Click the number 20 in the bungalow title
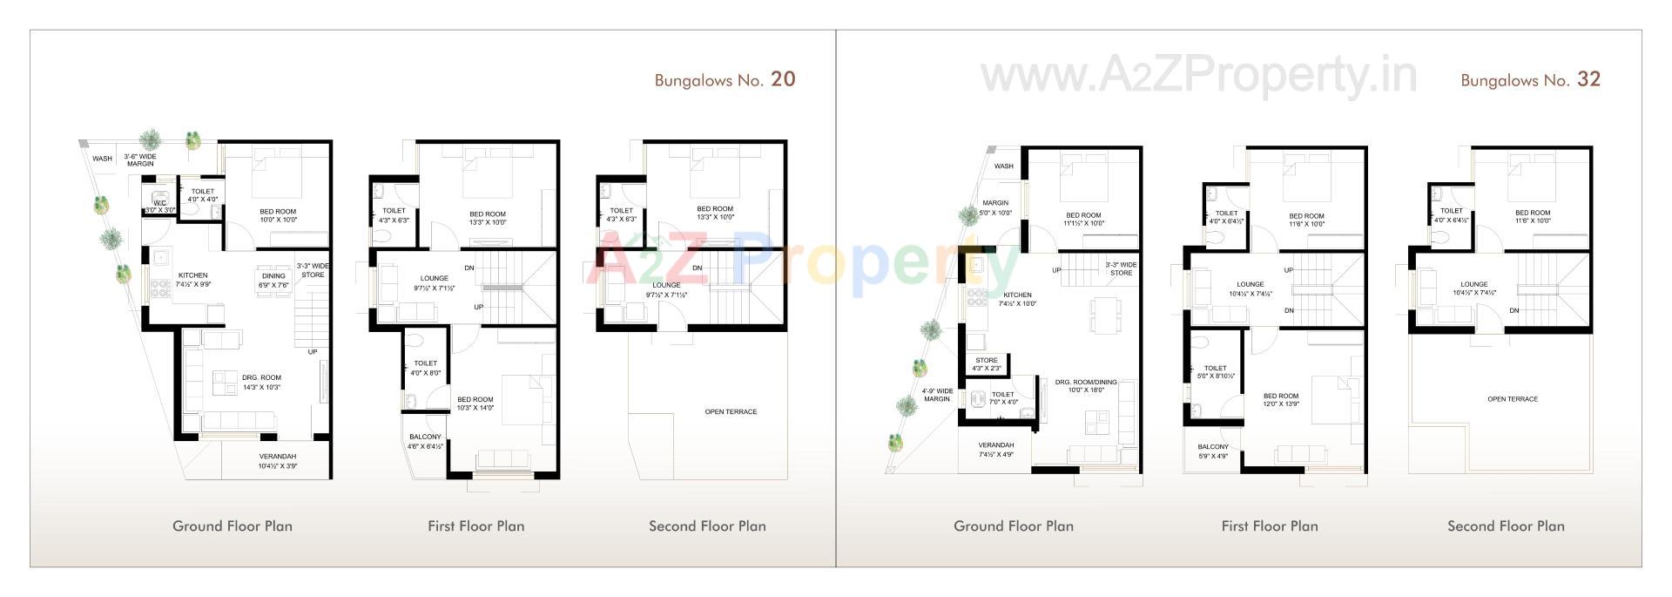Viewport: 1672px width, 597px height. coord(783,79)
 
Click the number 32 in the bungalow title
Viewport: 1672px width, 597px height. coord(1588,79)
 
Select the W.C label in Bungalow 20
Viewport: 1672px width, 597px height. coord(159,206)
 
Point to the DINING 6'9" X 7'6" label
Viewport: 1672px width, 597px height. coord(273,281)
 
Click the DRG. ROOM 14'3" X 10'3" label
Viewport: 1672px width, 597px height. coord(261,383)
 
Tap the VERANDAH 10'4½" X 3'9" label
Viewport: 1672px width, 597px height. coord(278,461)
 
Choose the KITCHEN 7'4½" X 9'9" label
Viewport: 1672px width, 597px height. coord(193,280)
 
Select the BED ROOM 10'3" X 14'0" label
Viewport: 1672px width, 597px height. coord(475,404)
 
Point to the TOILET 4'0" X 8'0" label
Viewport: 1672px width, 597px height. coord(425,368)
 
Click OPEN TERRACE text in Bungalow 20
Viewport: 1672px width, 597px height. coord(731,411)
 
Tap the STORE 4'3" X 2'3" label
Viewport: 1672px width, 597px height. coord(987,364)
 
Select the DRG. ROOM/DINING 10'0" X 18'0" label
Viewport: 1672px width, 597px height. coord(1085,386)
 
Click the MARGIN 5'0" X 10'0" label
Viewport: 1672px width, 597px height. coord(995,207)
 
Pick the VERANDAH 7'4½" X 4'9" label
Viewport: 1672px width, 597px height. coord(995,450)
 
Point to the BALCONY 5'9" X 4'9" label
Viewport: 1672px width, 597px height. coord(1213,451)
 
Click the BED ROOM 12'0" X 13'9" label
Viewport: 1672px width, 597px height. coord(1281,400)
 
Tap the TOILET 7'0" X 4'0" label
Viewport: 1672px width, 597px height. coord(1002,398)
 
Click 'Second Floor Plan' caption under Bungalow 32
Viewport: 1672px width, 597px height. coord(1506,526)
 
